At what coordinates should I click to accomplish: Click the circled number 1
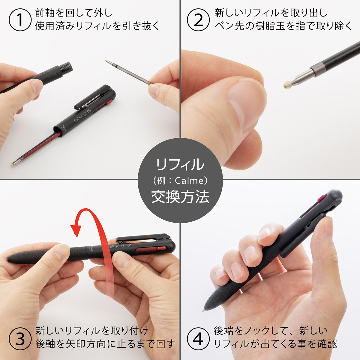(x=20, y=20)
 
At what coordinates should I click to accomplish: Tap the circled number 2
(x=198, y=20)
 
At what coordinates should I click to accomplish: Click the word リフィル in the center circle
(x=180, y=164)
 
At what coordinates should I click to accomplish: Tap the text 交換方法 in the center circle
(x=180, y=197)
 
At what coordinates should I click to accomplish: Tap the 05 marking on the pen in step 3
(x=130, y=245)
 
